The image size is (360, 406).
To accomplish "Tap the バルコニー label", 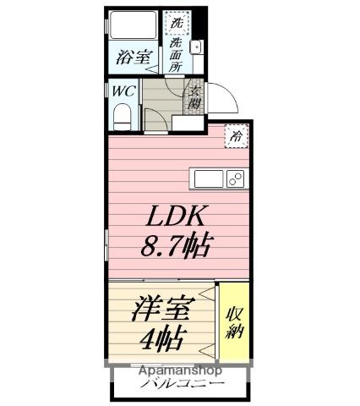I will pyautogui.click(x=181, y=385).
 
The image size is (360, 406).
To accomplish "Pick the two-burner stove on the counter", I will pyautogui.click(x=234, y=178).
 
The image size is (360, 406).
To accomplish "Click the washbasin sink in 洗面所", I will pyautogui.click(x=196, y=47).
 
